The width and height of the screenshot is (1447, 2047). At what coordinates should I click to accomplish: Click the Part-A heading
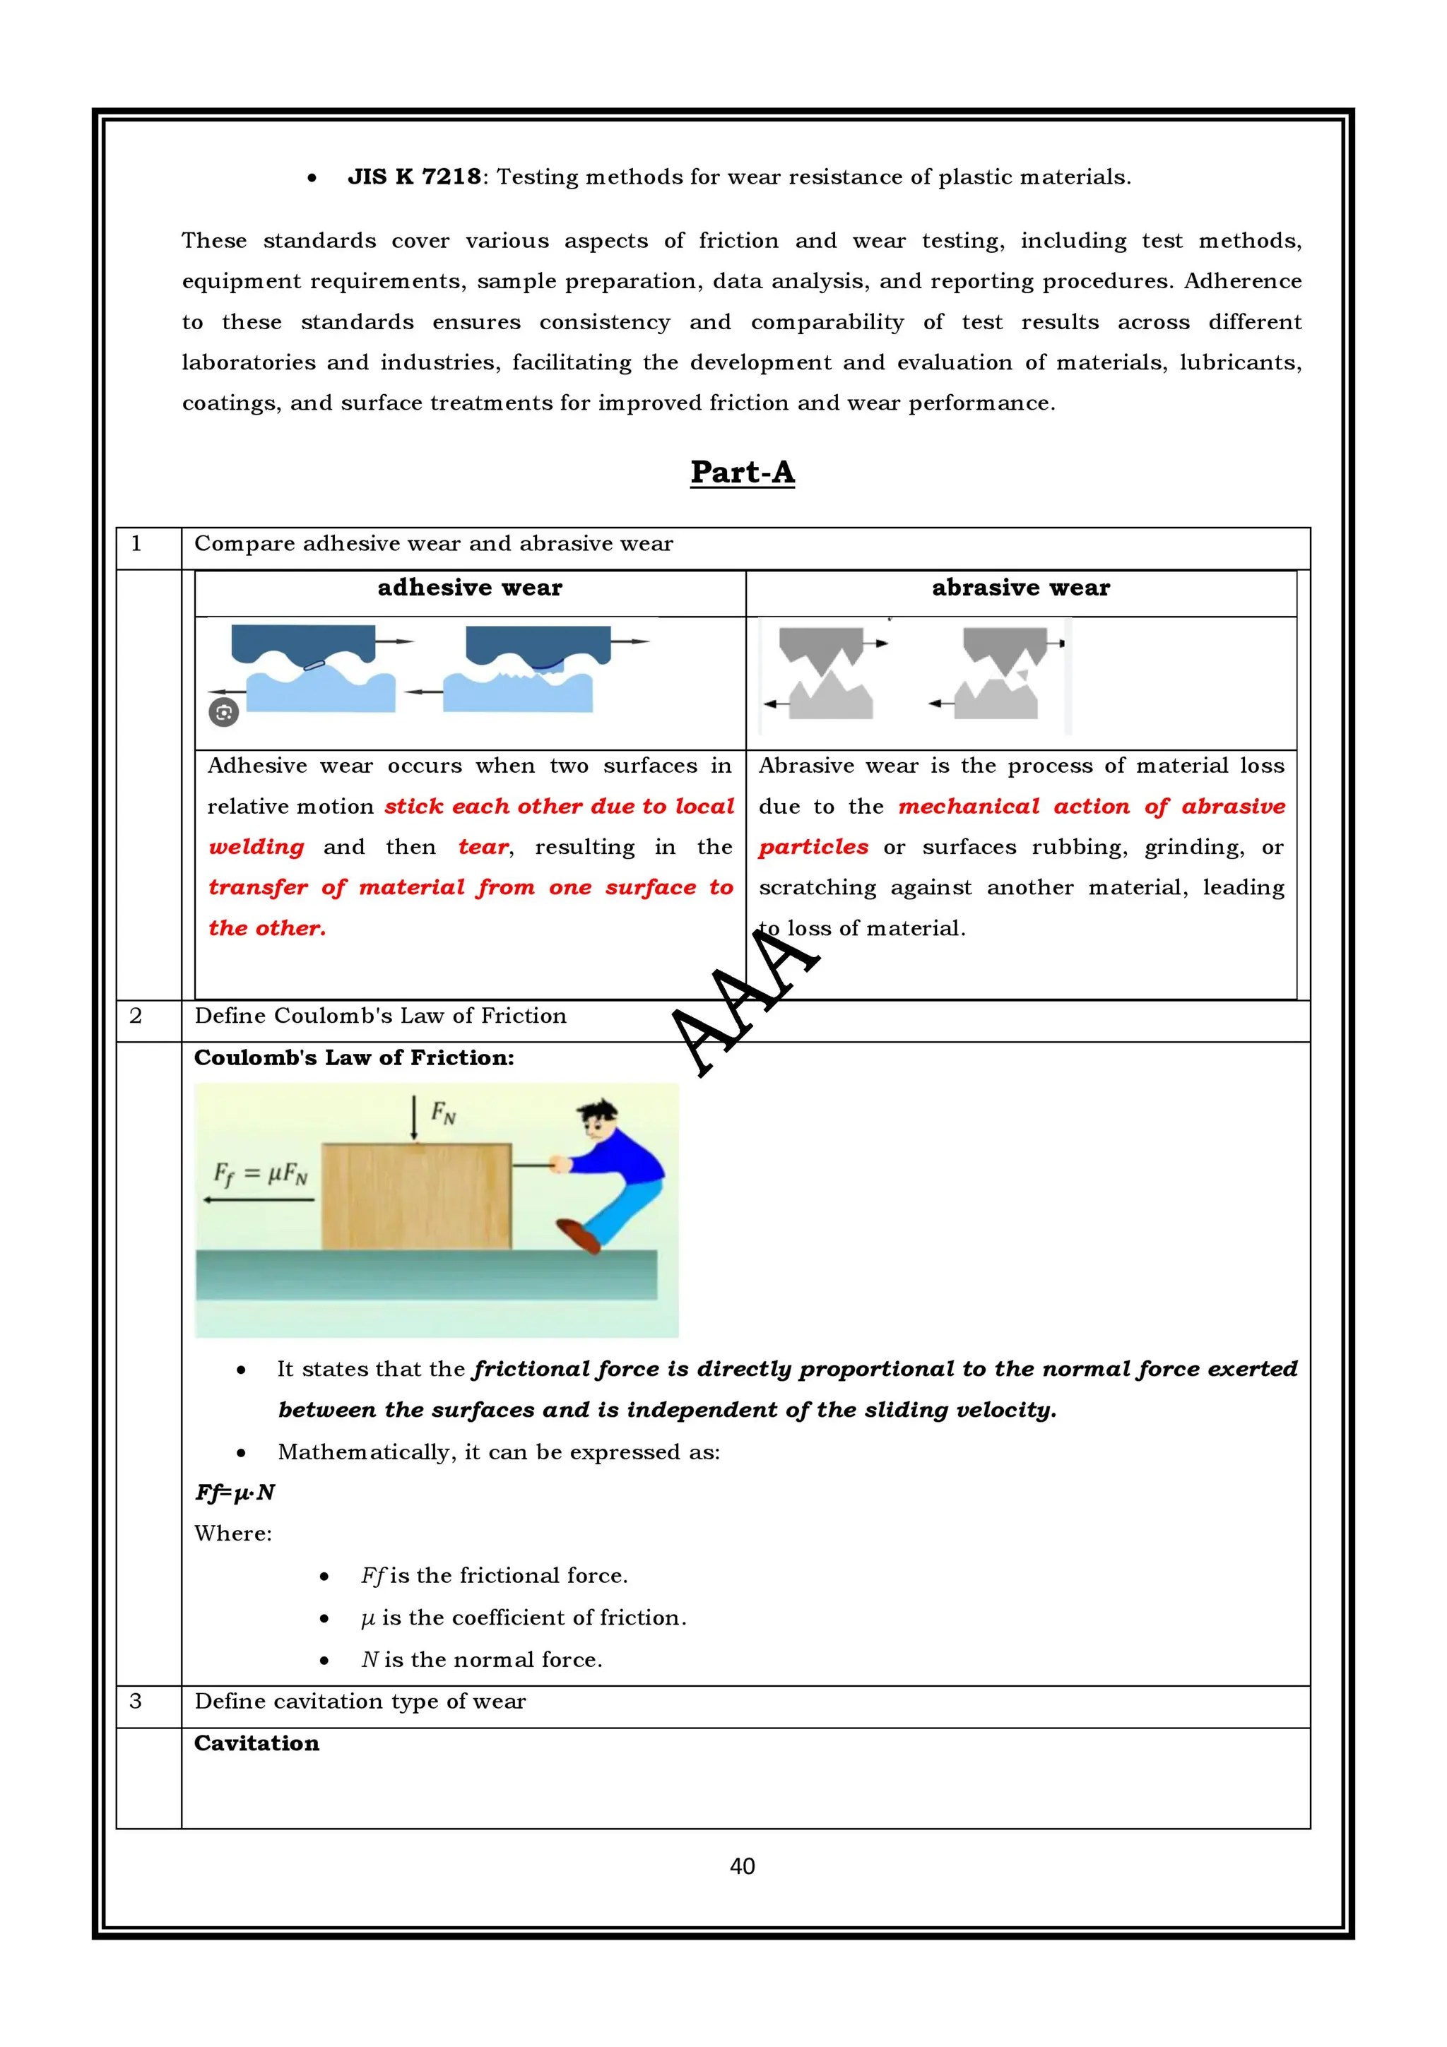tap(742, 473)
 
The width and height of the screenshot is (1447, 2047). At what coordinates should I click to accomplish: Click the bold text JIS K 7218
tap(414, 177)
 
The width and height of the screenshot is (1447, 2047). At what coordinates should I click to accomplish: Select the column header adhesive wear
tap(470, 588)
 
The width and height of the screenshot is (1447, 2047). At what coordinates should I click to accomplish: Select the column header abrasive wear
tap(1021, 588)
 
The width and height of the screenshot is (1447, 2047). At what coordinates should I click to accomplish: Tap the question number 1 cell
tap(136, 544)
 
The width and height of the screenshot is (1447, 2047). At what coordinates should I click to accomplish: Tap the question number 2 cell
tap(136, 1016)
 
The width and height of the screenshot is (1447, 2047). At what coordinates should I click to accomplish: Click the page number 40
tap(742, 1866)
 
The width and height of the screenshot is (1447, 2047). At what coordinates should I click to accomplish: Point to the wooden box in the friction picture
tap(415, 1197)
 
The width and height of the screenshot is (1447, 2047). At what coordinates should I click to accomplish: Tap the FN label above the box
tap(443, 1112)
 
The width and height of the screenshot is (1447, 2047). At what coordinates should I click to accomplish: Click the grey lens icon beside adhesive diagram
tap(224, 712)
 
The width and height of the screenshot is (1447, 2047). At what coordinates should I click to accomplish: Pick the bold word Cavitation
tap(256, 1744)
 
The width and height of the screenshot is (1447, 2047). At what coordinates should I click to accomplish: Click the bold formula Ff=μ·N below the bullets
tap(235, 1493)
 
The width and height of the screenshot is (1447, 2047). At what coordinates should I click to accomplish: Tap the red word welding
tap(256, 847)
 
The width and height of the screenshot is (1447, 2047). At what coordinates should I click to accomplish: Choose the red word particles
tap(813, 847)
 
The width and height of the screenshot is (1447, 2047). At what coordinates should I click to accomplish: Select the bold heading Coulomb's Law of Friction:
tap(354, 1058)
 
